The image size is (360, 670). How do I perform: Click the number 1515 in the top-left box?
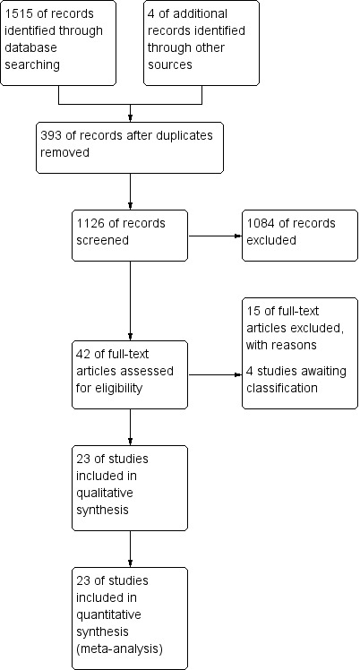20,13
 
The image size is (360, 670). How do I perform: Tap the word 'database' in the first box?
30,47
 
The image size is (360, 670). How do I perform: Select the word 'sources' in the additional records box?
170,65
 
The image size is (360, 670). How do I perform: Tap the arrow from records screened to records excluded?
215,236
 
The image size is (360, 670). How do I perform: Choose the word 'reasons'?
295,345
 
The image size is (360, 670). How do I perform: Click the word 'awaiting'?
320,371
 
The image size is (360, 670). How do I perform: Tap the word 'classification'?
282,388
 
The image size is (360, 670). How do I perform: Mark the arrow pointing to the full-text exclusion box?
215,374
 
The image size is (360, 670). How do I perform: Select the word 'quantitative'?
108,615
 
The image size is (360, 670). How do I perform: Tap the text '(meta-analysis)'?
119,649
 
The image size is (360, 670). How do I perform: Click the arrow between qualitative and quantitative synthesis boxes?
130,549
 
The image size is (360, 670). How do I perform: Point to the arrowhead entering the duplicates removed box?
130,119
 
